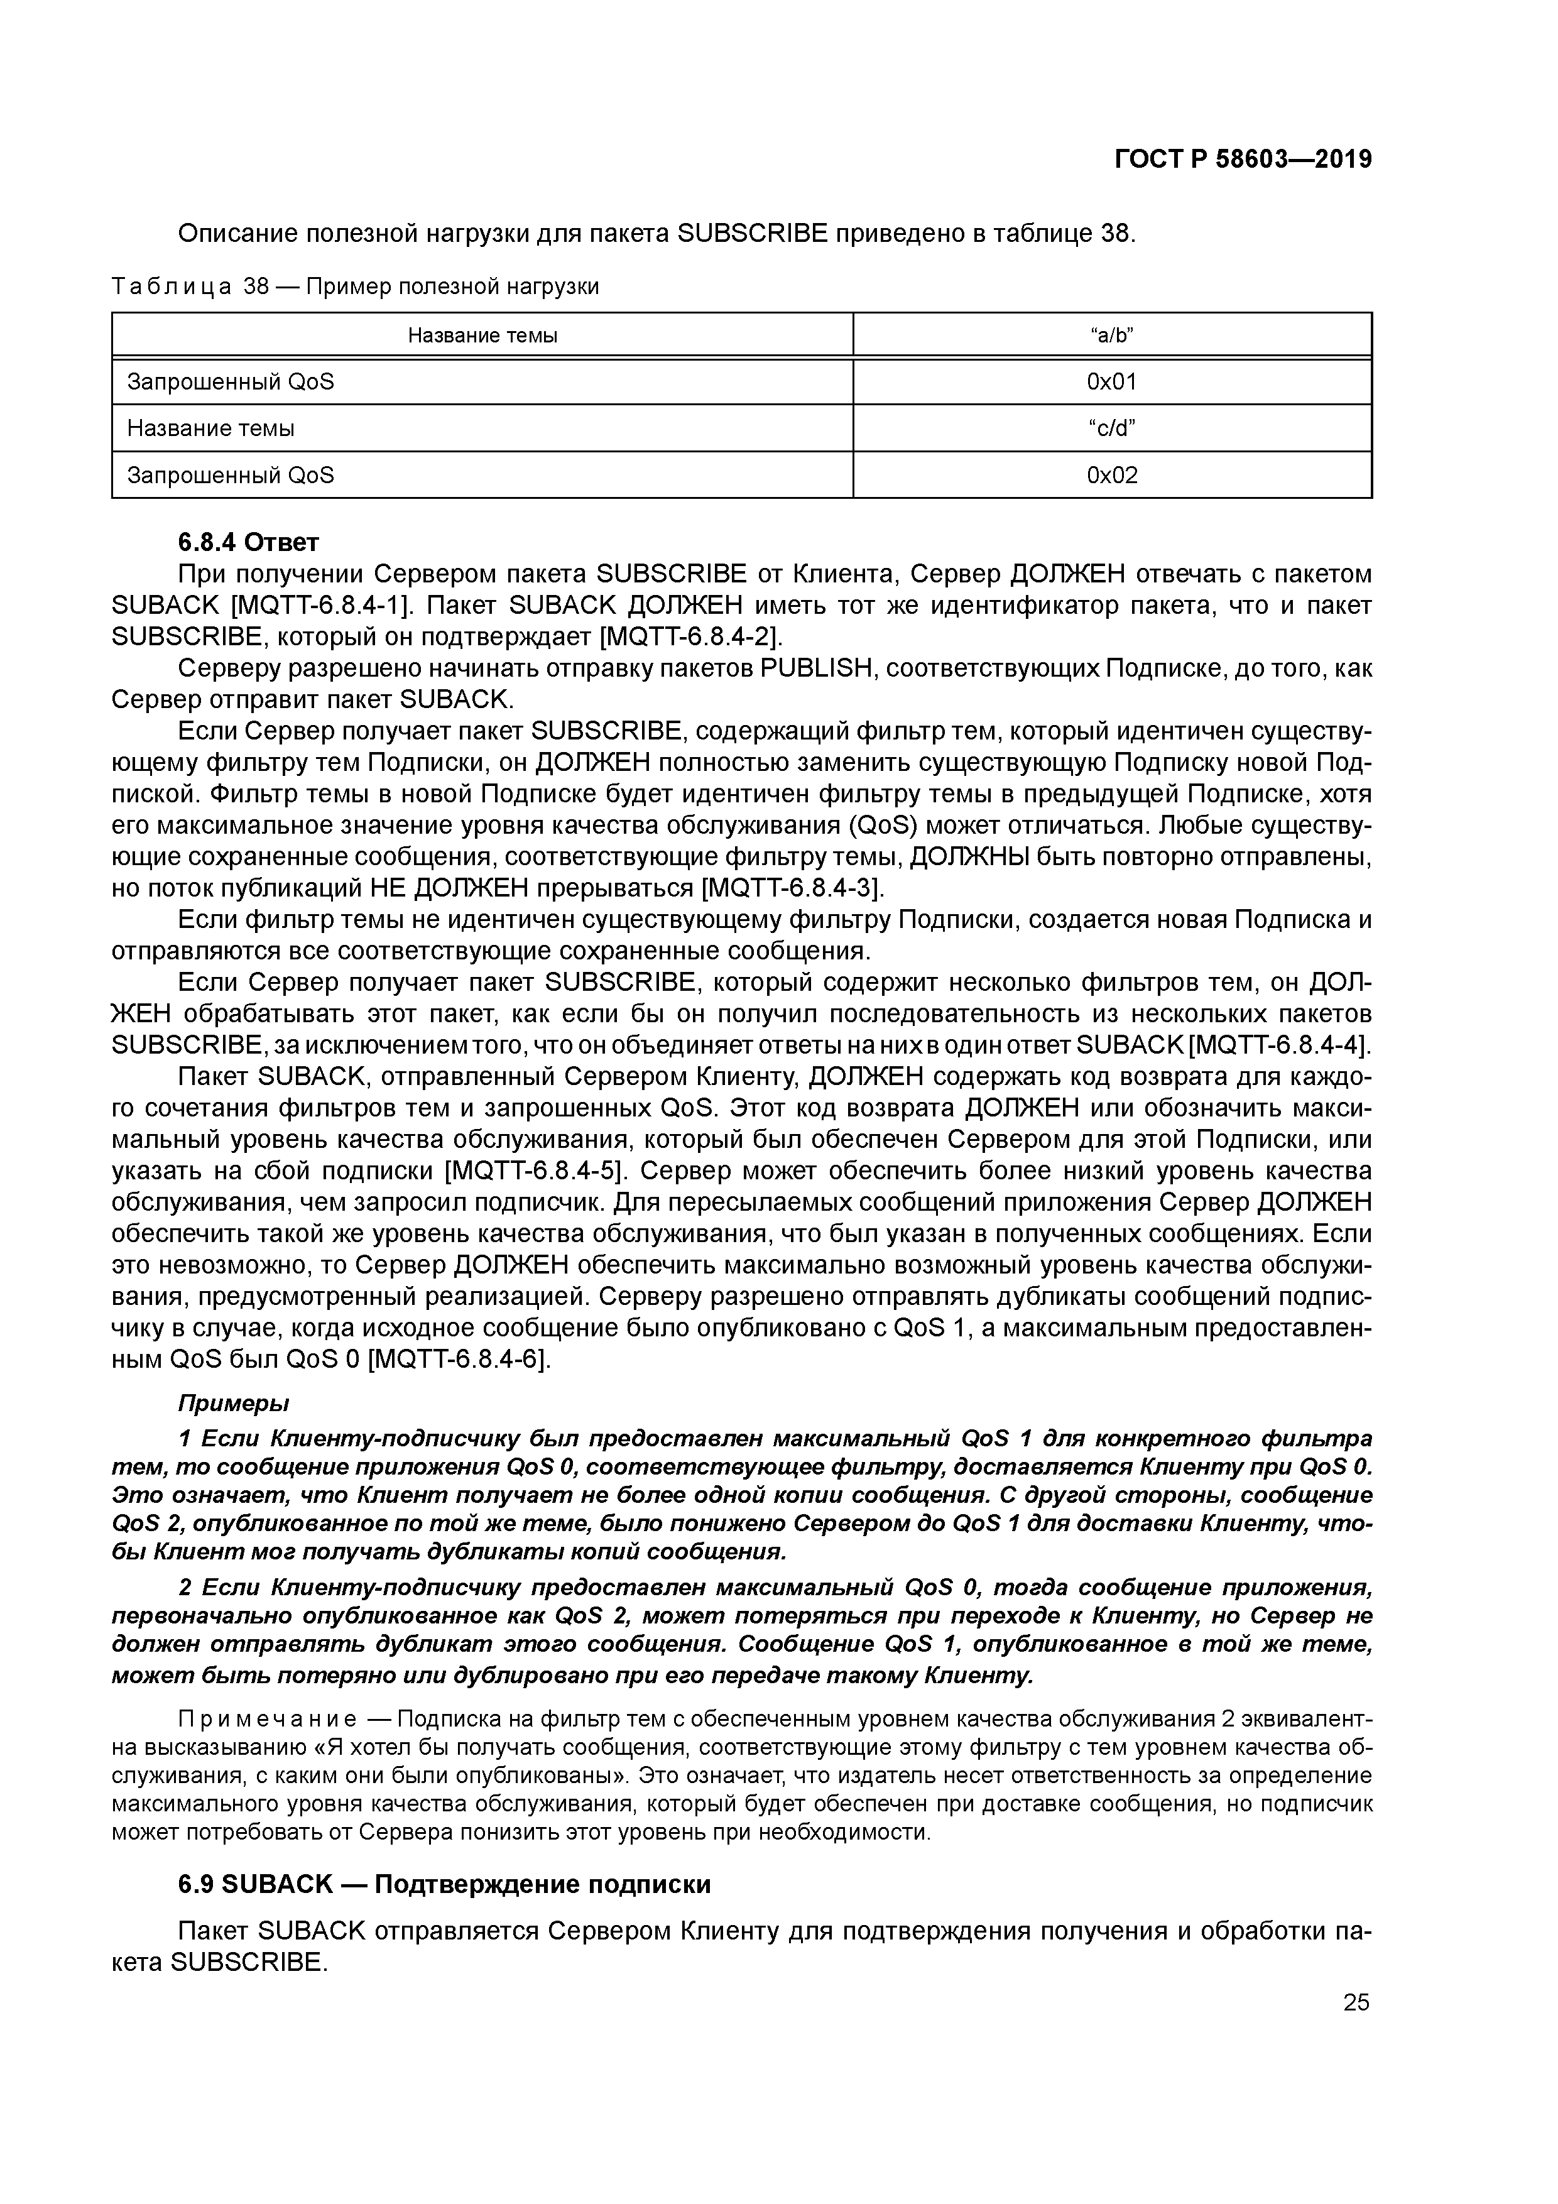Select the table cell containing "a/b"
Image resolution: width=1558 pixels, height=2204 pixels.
click(1111, 335)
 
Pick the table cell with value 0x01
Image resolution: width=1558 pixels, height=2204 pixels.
click(1111, 382)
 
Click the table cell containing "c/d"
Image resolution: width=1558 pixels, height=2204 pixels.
click(1111, 428)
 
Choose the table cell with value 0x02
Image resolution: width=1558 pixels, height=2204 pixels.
click(1111, 475)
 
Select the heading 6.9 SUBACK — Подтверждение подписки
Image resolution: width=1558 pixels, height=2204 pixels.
click(444, 1884)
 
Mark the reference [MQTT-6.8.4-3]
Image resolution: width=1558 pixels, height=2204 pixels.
click(792, 887)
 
